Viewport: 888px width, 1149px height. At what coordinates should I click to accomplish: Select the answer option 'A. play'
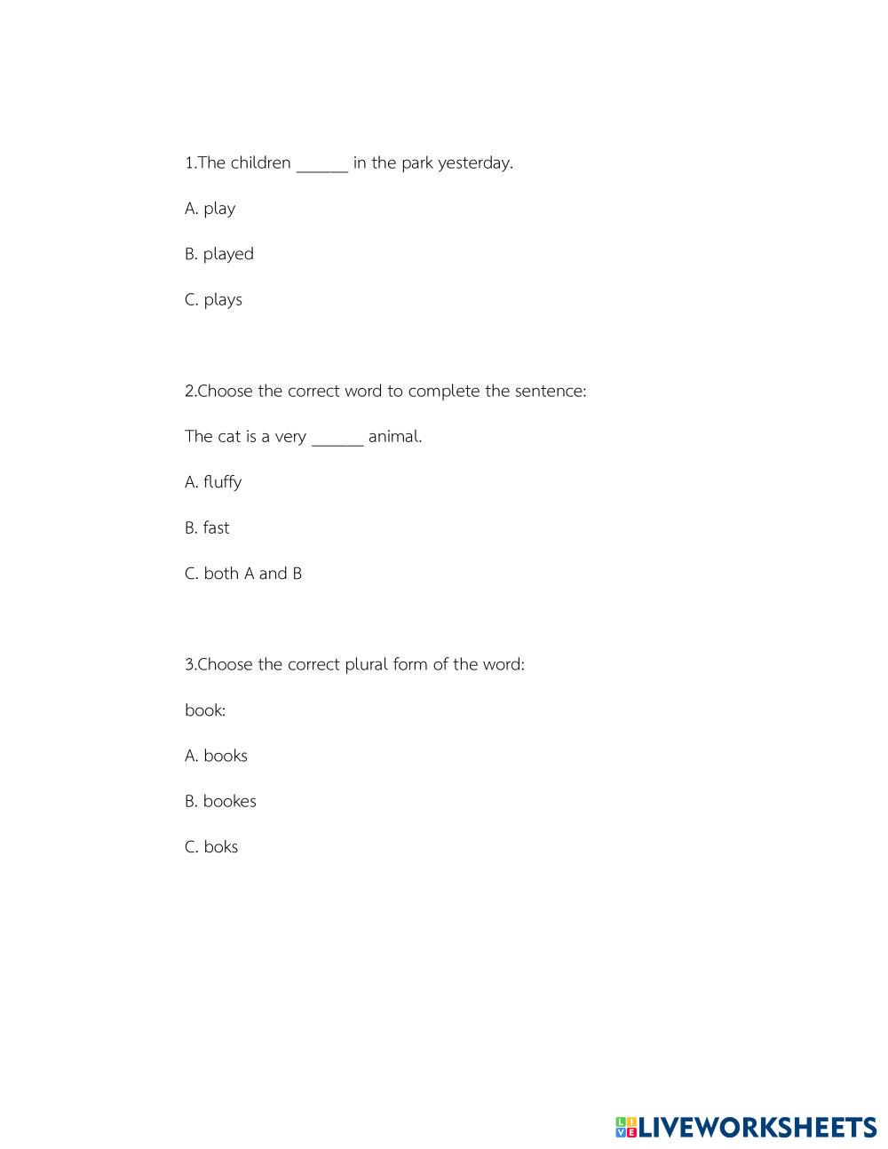pos(210,209)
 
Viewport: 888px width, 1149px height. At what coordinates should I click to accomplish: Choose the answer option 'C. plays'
pos(213,299)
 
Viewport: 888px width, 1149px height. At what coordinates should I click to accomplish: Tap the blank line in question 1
pos(321,167)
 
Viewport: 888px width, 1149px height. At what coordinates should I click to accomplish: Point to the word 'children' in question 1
pos(260,162)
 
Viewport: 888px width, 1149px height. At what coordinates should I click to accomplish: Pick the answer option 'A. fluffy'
pos(213,482)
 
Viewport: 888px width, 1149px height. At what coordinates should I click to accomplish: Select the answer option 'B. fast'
pos(207,527)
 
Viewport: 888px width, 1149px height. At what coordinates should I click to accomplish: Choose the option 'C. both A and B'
pos(243,574)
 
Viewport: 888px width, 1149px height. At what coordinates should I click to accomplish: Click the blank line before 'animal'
pos(337,440)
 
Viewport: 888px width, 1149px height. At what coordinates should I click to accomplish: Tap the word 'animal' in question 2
pos(393,436)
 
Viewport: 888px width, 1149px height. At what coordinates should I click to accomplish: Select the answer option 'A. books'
pos(216,756)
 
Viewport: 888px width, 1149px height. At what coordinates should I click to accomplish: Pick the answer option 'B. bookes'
pos(220,801)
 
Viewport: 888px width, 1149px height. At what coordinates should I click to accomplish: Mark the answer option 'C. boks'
pos(211,847)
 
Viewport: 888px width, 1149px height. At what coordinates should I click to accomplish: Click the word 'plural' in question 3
pos(366,664)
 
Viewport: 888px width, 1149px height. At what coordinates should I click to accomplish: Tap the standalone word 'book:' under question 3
pos(205,710)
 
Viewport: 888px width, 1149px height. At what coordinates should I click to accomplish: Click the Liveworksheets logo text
pos(757,1128)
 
